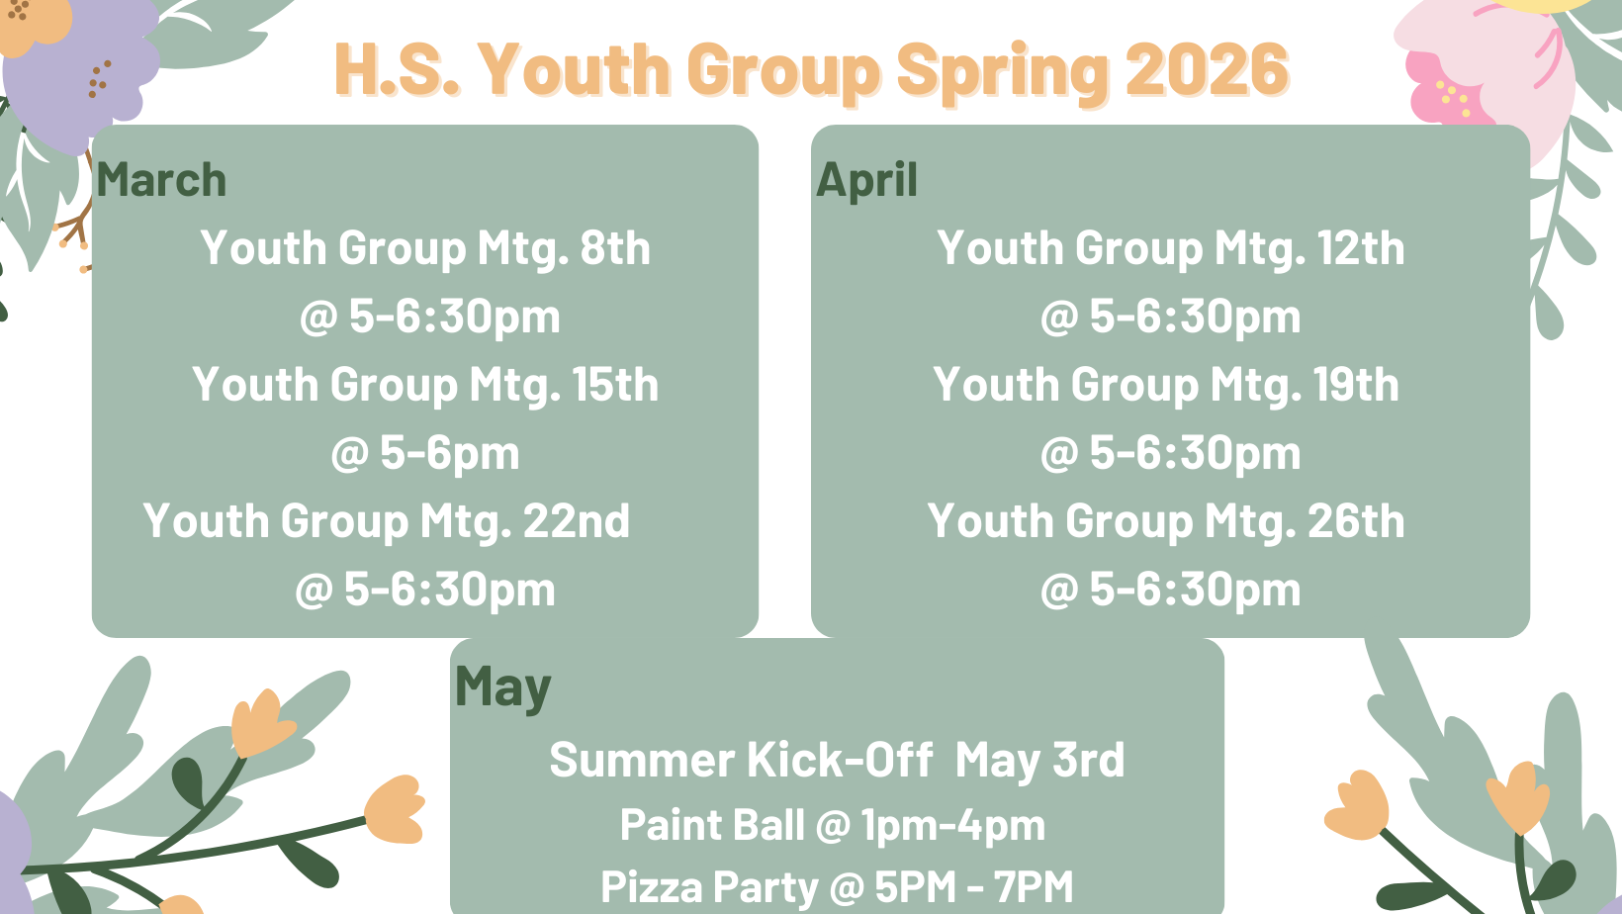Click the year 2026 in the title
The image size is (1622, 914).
pyautogui.click(x=1207, y=69)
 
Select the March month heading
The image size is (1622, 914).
pyautogui.click(x=161, y=180)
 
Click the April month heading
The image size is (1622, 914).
pyautogui.click(x=866, y=180)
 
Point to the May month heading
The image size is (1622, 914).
pyautogui.click(x=502, y=688)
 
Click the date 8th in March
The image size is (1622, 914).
pyautogui.click(x=615, y=248)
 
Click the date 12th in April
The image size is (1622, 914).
pyautogui.click(x=1360, y=248)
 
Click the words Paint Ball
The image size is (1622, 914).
pyautogui.click(x=712, y=824)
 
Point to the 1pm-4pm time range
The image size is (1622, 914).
pyautogui.click(x=953, y=826)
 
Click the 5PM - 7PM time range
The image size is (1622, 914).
pyautogui.click(x=974, y=887)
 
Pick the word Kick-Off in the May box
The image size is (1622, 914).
pyautogui.click(x=839, y=760)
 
